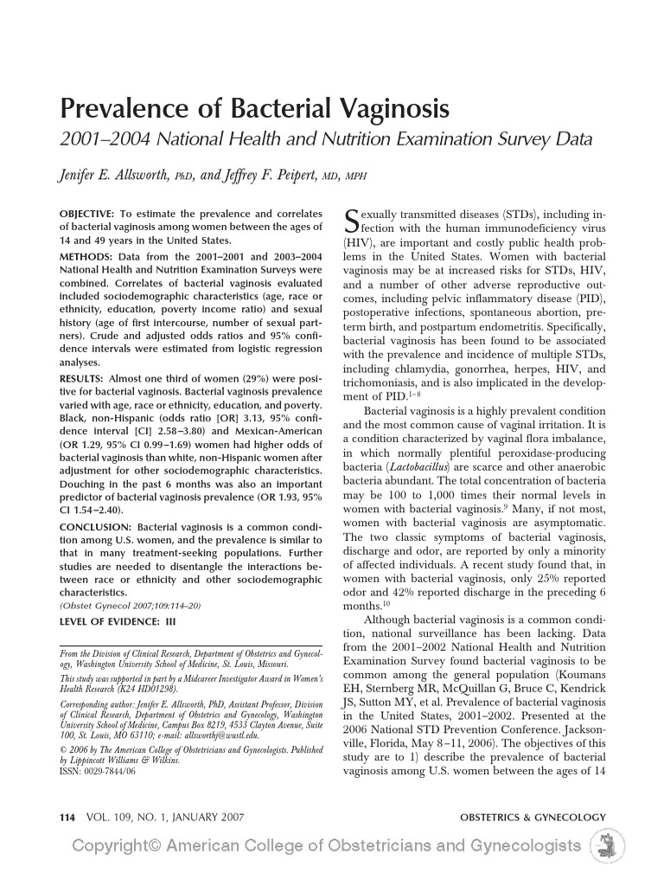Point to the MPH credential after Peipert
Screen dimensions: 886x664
pyautogui.click(x=356, y=177)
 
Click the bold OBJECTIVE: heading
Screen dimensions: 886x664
pyautogui.click(x=86, y=214)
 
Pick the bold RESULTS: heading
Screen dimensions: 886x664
pyautogui.click(x=81, y=379)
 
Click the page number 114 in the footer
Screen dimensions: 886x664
pyautogui.click(x=67, y=817)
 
